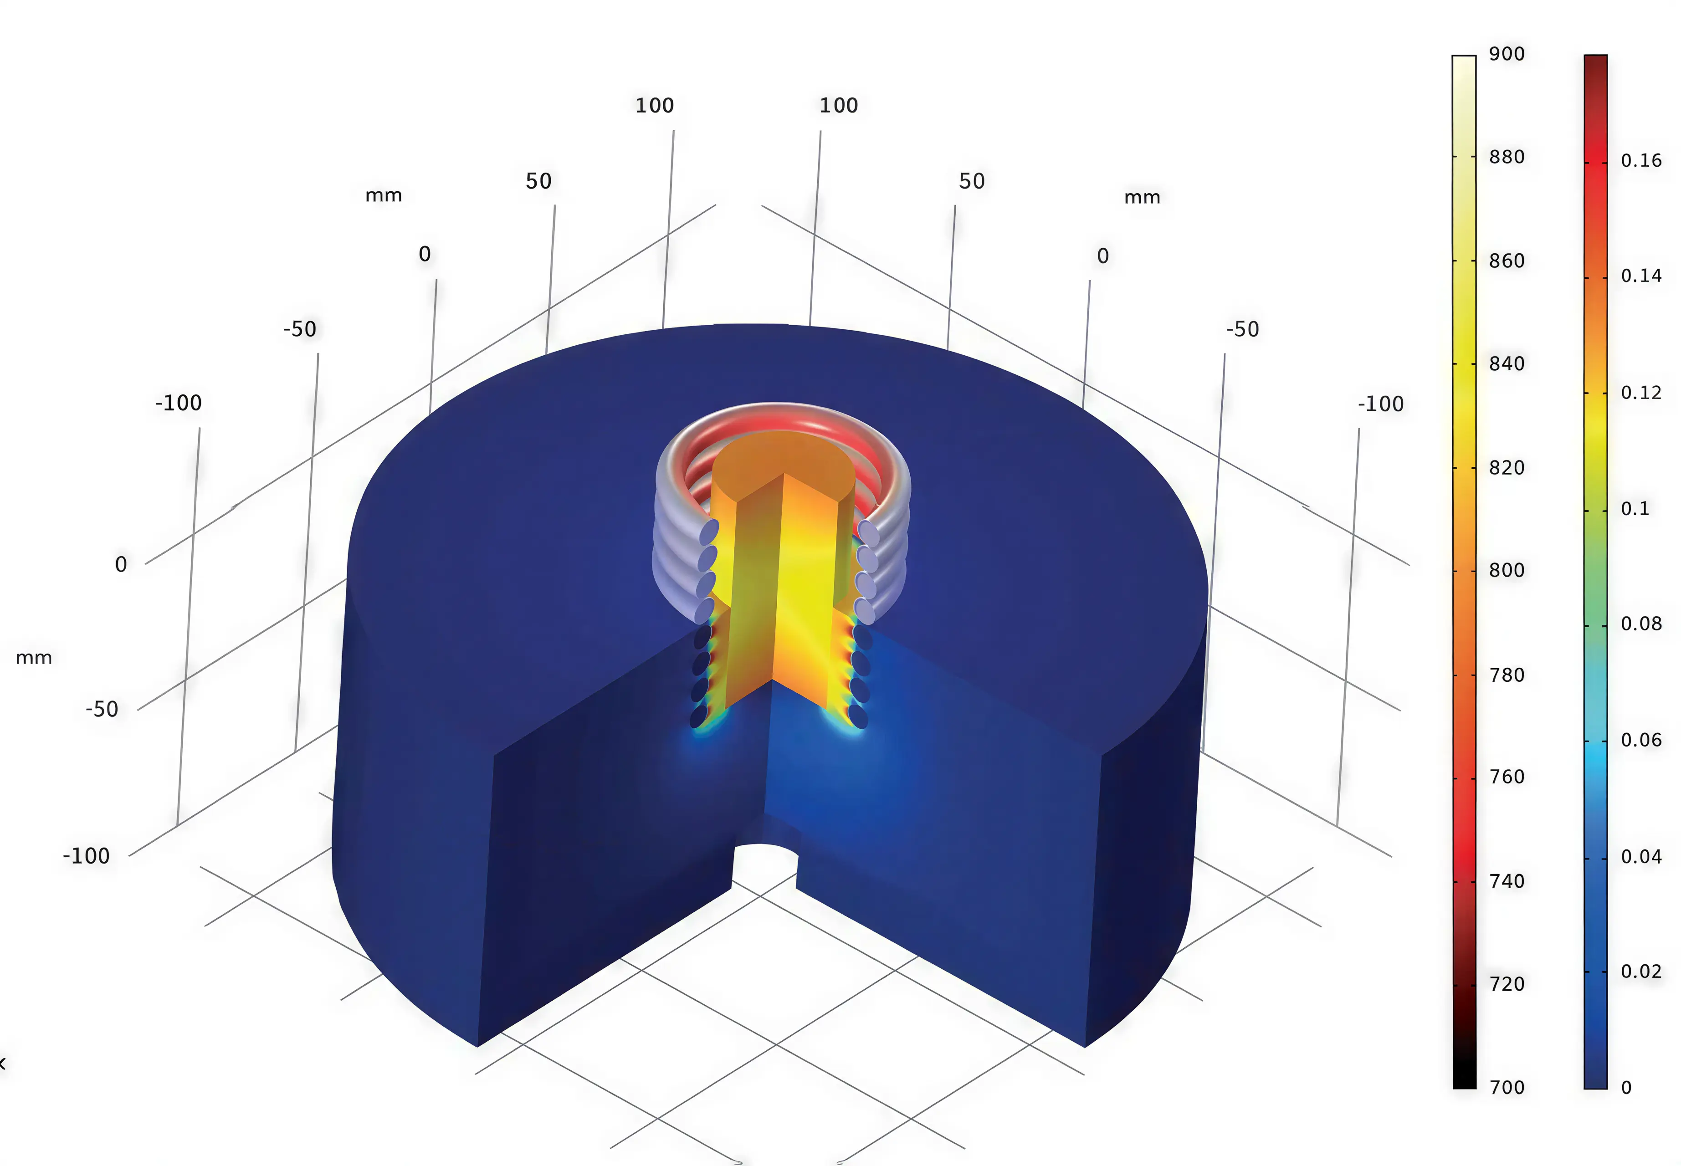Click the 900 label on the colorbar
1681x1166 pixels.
pos(1507,54)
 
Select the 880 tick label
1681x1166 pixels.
pos(1507,157)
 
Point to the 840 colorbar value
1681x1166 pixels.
pos(1507,364)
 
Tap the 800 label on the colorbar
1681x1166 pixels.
pos(1507,571)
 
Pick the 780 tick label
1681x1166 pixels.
pos(1507,675)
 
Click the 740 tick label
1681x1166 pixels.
pos(1507,881)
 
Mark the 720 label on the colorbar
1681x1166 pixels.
pos(1507,984)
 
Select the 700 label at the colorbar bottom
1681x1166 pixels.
pos(1507,1088)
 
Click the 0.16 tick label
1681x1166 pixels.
pos(1641,161)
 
